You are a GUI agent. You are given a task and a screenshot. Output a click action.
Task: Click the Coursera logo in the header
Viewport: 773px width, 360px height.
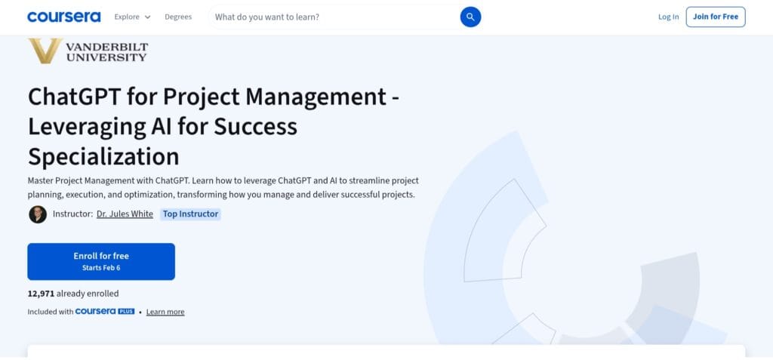point(63,17)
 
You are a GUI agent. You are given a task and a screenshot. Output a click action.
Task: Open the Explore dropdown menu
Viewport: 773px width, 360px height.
point(132,17)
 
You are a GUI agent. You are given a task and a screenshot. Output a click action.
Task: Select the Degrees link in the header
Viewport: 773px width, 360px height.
point(178,17)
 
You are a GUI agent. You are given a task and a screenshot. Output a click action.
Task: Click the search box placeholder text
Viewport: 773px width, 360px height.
point(266,17)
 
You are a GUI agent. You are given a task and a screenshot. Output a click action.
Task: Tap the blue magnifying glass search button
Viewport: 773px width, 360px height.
point(470,17)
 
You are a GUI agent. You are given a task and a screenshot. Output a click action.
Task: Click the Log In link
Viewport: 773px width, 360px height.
point(668,17)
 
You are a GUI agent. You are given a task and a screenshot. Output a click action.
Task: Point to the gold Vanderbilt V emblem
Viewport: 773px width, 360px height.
point(45,50)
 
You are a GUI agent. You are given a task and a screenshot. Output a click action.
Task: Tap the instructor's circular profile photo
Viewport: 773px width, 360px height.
point(38,214)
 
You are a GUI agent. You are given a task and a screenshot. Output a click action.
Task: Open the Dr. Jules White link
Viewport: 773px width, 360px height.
point(125,214)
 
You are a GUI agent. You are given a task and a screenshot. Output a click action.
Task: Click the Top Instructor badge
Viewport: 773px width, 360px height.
point(190,214)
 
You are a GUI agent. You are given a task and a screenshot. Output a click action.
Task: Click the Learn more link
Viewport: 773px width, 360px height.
point(165,312)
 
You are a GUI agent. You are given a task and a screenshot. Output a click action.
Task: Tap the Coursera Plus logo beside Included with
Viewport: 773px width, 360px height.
point(105,312)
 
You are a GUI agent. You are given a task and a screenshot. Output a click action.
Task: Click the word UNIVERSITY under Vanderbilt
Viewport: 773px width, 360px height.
point(106,57)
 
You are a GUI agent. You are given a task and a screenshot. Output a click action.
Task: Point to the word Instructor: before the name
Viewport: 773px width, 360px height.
point(72,214)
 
